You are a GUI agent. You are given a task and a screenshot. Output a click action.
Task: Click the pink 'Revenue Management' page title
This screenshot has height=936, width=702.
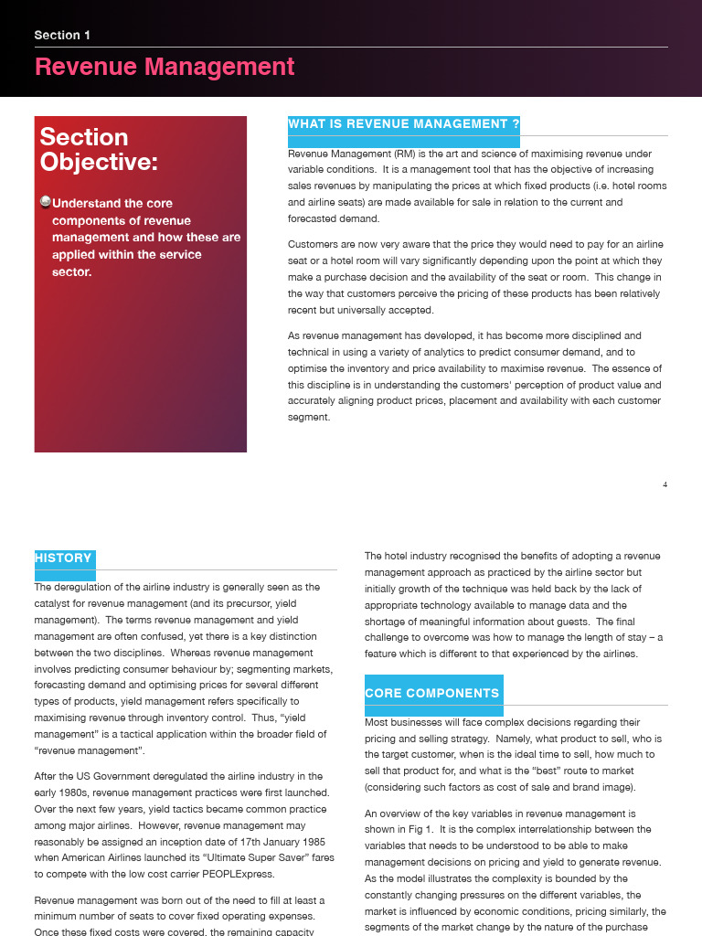[165, 67]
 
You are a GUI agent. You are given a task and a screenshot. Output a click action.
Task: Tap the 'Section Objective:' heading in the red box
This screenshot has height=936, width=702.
[99, 150]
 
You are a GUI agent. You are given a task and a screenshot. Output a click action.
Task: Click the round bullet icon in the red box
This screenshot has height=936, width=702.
[46, 202]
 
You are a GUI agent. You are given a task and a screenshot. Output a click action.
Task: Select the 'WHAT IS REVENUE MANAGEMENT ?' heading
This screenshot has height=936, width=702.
[403, 124]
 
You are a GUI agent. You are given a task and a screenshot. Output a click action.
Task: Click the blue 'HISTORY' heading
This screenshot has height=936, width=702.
[63, 558]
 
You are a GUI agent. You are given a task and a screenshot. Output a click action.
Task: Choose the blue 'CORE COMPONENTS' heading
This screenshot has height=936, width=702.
[432, 694]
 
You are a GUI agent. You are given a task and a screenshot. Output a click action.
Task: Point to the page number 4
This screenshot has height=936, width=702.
[665, 484]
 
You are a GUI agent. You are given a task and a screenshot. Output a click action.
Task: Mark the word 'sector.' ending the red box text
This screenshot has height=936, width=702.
[71, 271]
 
